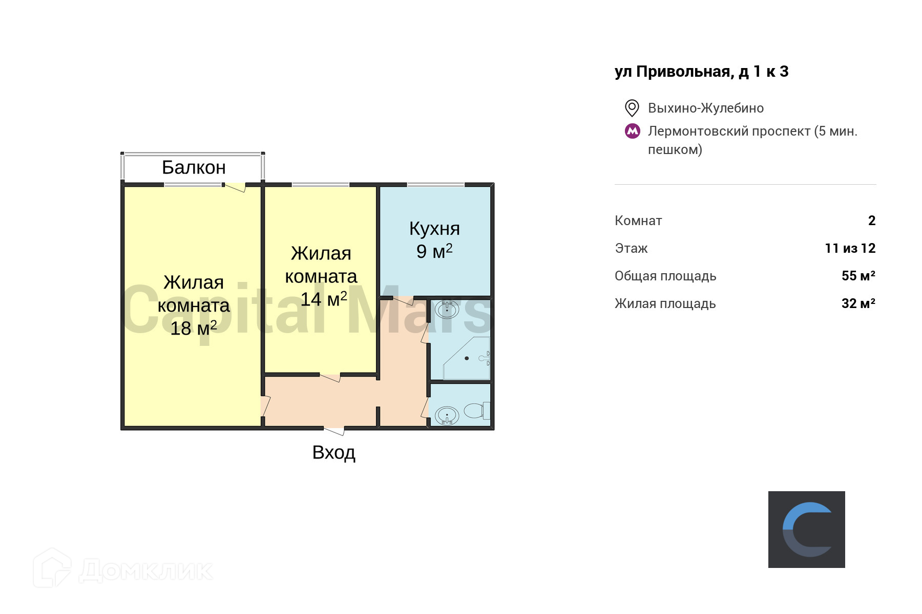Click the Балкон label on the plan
pos(194,168)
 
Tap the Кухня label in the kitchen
pos(434,229)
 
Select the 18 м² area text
pos(194,328)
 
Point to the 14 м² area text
pos(323,299)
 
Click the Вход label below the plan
pos(334,453)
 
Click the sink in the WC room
pos(447,415)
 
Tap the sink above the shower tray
pos(447,309)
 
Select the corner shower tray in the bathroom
pos(467,358)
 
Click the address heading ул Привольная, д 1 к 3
pos(701,72)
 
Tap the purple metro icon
pos(633,131)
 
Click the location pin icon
pos(632,108)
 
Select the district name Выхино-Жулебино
pos(705,108)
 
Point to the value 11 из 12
pos(850,248)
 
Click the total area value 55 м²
pos(858,276)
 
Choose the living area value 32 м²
pos(858,303)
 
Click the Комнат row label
pos(638,221)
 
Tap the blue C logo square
pos(806,529)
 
